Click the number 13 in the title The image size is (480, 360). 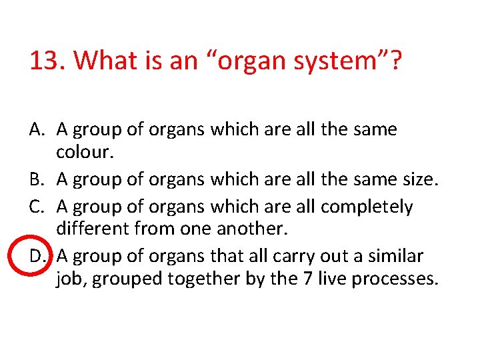tap(43, 61)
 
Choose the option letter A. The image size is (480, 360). tap(37, 129)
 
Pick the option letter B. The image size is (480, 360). tap(37, 179)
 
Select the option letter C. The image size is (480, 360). tap(37, 206)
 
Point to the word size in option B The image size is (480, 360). tap(419, 179)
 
